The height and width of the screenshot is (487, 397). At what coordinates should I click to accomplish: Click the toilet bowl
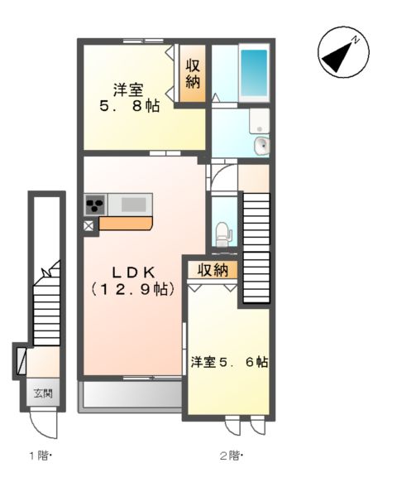222,234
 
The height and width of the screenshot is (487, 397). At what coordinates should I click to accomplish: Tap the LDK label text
131,272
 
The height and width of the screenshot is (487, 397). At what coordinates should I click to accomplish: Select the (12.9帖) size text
131,289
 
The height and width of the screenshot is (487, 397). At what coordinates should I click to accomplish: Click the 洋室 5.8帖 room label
131,98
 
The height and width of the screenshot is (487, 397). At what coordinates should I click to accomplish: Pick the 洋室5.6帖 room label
229,362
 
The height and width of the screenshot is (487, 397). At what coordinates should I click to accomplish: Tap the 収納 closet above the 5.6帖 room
213,269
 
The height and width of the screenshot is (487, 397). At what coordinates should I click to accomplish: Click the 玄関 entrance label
42,393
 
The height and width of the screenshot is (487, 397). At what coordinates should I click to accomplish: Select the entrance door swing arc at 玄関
43,423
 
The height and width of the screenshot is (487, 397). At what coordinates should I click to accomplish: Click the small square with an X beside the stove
88,224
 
